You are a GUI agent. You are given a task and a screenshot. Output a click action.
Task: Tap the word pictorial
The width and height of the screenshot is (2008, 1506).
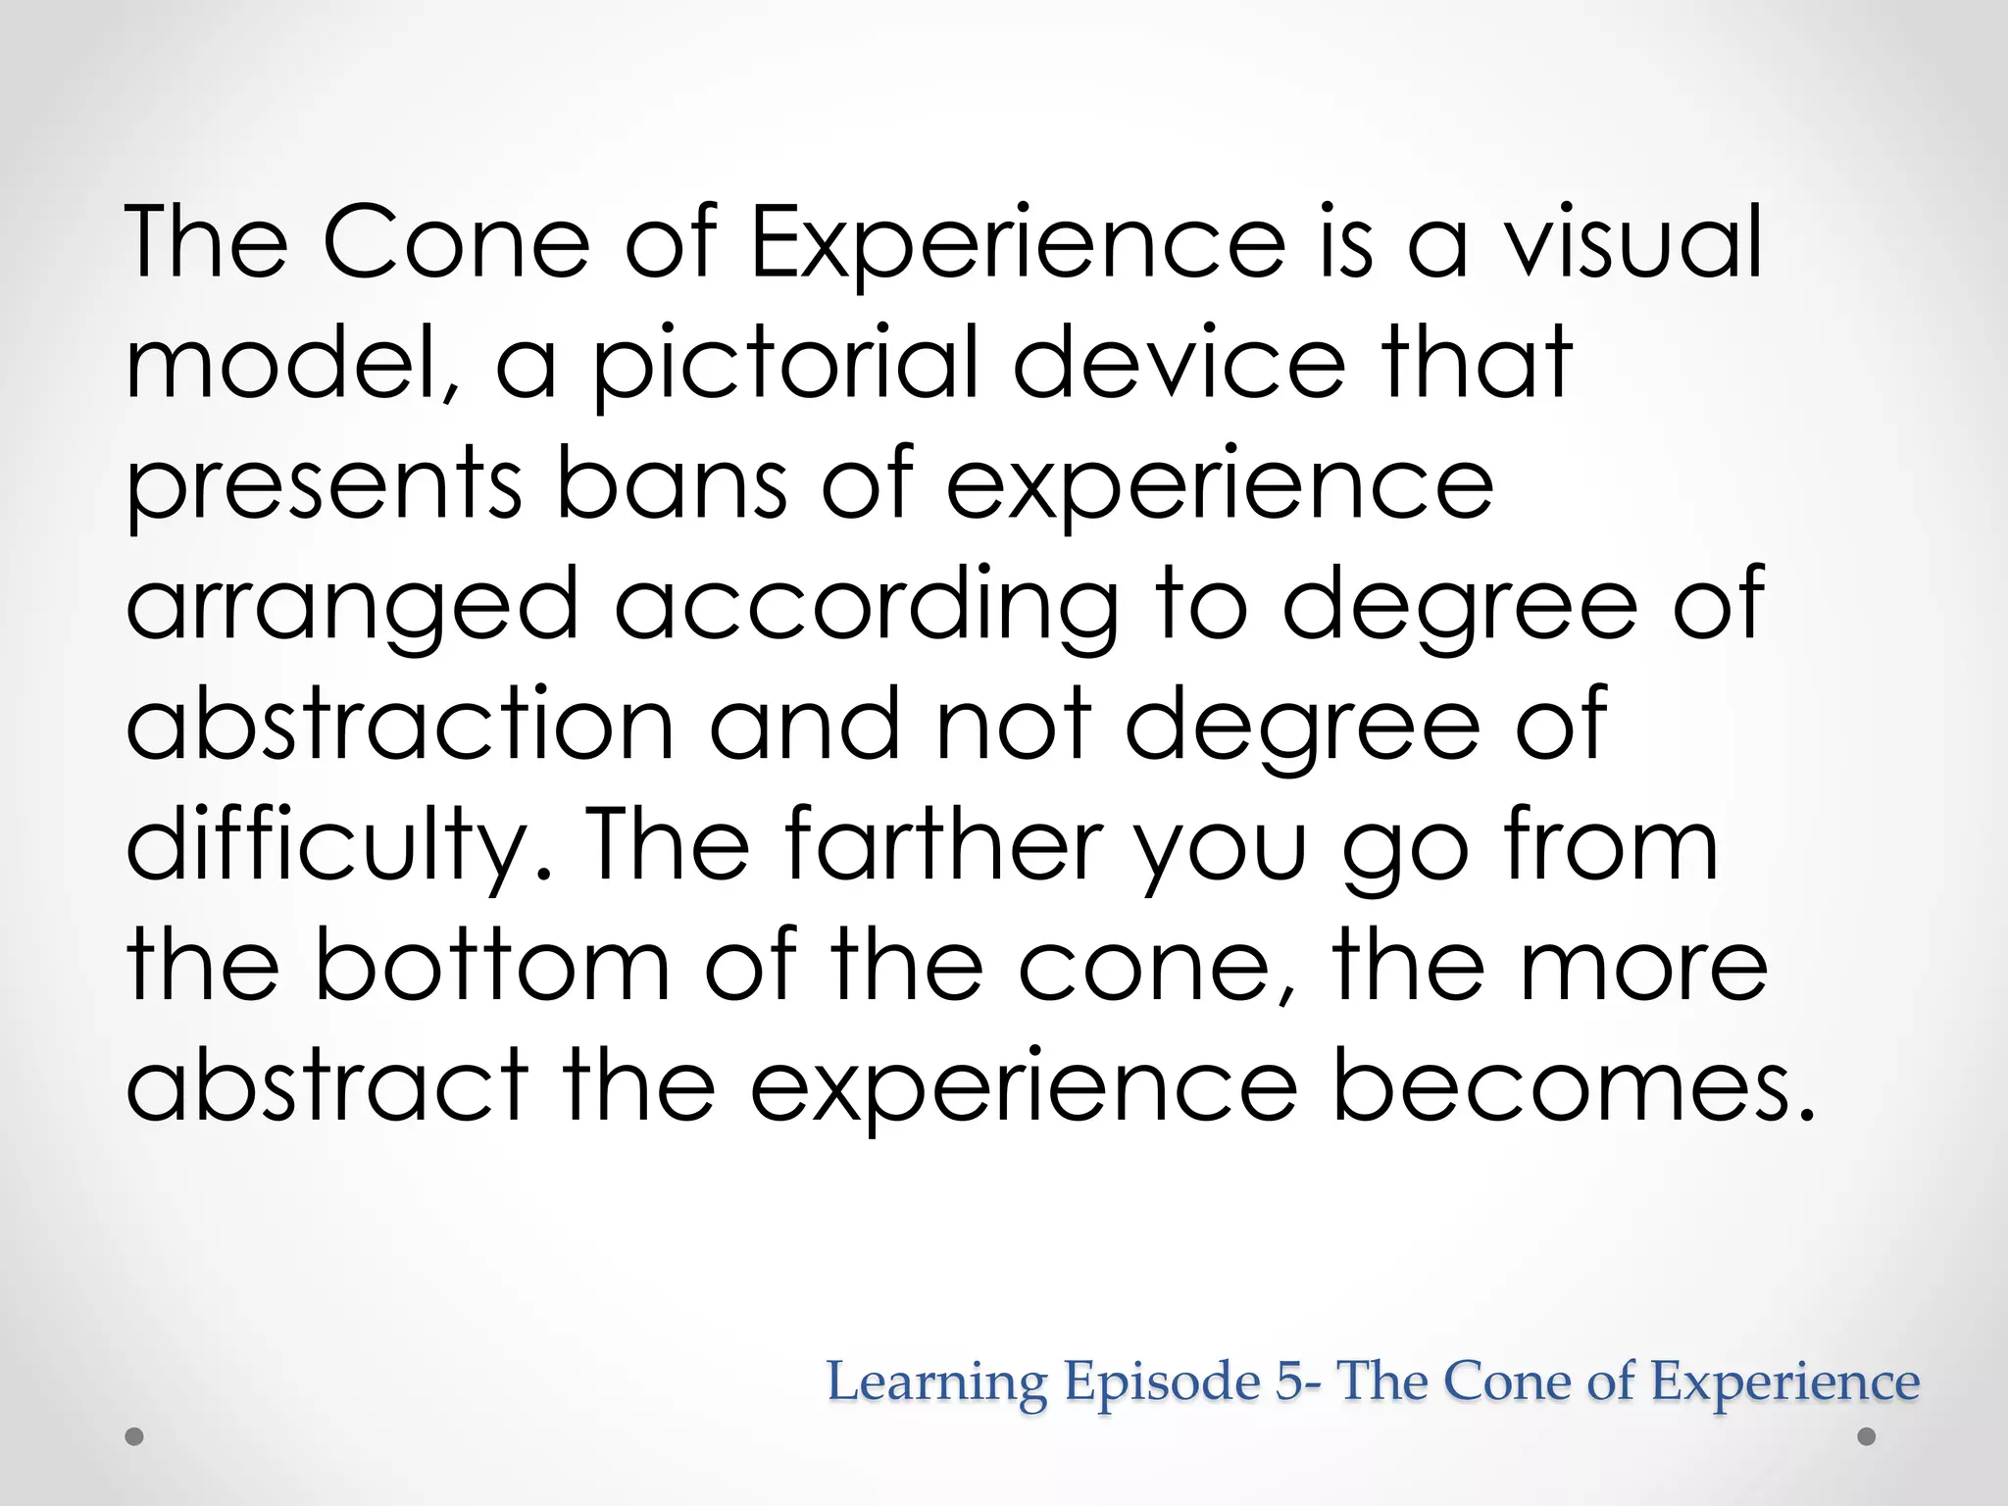click(x=785, y=365)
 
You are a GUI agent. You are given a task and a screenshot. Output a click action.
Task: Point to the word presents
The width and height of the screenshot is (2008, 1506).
click(x=324, y=485)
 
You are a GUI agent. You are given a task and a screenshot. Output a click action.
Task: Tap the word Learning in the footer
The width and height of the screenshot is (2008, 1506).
click(x=937, y=1381)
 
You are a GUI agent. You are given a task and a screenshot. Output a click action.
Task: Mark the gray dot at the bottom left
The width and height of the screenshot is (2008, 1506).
click(x=135, y=1437)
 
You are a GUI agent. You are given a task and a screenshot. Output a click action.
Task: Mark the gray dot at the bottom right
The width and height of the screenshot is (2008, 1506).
click(x=1867, y=1437)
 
